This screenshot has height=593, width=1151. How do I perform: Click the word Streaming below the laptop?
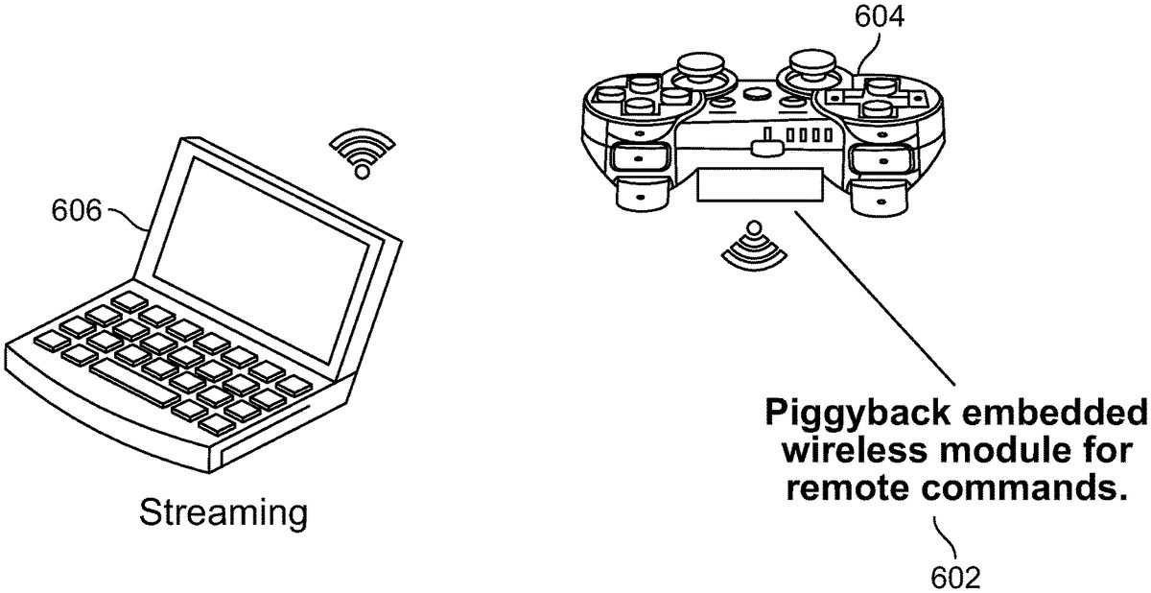point(223,512)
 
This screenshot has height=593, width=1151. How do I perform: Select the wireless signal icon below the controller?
point(752,246)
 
